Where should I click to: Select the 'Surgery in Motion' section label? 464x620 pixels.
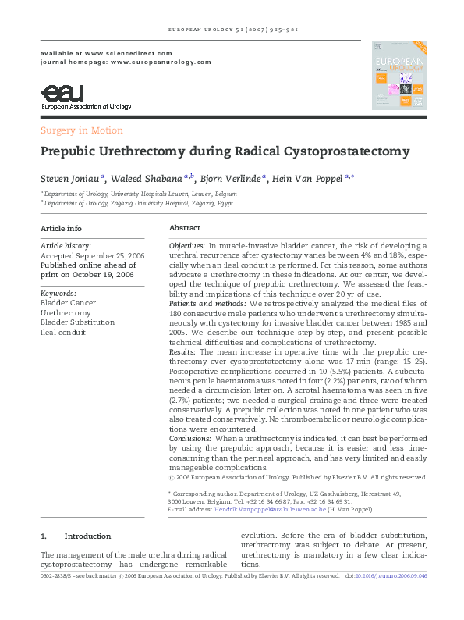coord(81,130)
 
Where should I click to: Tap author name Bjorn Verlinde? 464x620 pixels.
coord(231,178)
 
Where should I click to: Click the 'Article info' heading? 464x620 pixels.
coord(61,229)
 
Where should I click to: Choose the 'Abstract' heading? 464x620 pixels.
coord(185,229)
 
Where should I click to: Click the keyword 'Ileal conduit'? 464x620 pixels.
coord(64,332)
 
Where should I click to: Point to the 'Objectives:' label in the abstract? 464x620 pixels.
coord(187,246)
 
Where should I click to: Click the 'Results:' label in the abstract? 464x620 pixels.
coord(183,353)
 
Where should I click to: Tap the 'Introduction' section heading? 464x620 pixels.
coord(87,536)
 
